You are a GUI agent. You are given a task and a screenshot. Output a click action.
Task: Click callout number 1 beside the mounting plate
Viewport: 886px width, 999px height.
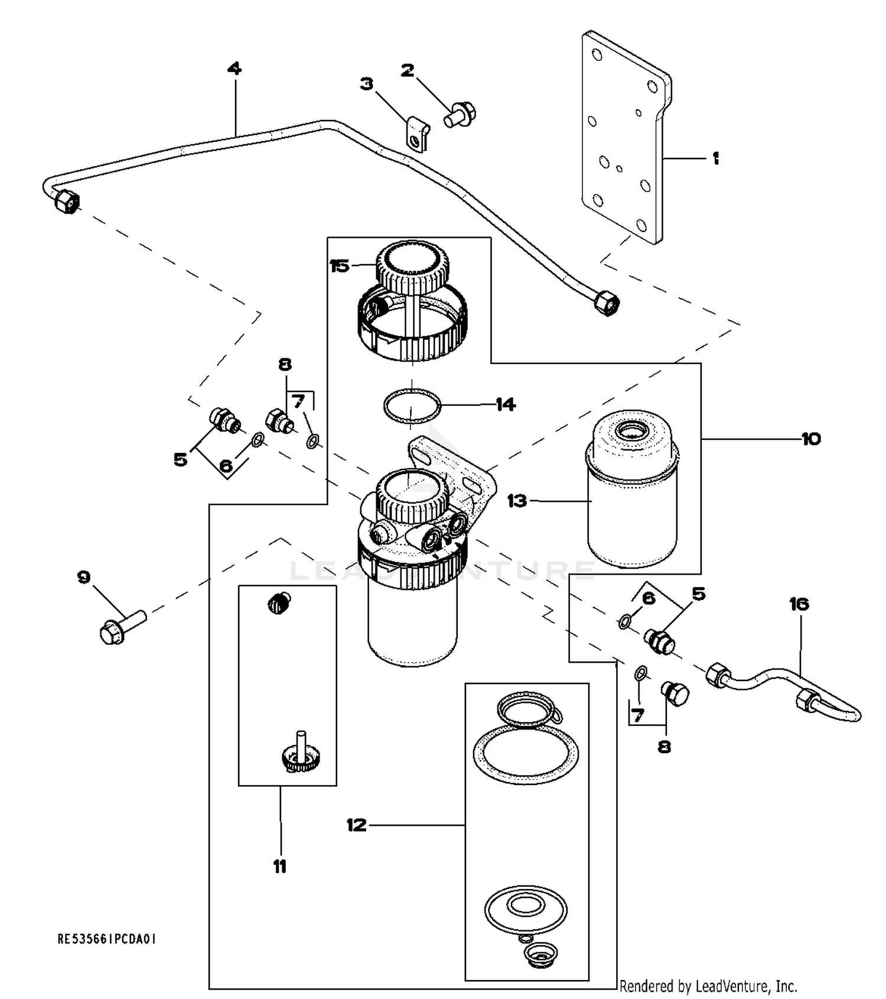(x=715, y=158)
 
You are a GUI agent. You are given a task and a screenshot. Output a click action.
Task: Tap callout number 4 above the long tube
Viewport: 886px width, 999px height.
(x=234, y=69)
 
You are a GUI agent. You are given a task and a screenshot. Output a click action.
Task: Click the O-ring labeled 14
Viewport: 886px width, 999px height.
(x=412, y=406)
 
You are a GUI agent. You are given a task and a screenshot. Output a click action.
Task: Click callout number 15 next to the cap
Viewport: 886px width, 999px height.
(x=340, y=266)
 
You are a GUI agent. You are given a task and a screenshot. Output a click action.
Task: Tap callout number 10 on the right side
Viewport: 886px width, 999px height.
(x=811, y=439)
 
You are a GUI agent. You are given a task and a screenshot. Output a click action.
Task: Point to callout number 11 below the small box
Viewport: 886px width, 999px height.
(x=280, y=867)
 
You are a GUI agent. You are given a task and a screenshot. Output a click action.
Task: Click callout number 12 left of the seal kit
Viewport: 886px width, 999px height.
(x=356, y=825)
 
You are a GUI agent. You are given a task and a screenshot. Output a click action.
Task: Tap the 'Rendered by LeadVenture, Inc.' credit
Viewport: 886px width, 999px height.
(x=708, y=986)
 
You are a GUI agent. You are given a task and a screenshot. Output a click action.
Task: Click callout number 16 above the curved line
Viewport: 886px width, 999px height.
(x=799, y=604)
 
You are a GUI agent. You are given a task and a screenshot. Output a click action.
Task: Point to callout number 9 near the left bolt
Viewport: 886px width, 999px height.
(x=84, y=577)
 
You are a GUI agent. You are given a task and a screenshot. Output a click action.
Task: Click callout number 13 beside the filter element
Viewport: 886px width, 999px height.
(x=517, y=501)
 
